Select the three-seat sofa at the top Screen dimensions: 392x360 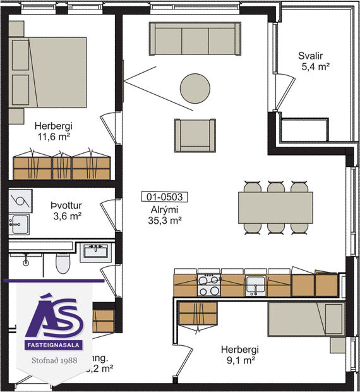click(x=195, y=39)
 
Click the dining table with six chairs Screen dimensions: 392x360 click(x=275, y=207)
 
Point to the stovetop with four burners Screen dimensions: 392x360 click(x=209, y=285)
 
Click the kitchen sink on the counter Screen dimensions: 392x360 click(x=255, y=285)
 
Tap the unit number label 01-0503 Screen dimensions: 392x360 click(x=164, y=197)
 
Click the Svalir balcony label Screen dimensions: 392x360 click(x=312, y=55)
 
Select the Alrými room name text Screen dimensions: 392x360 click(x=164, y=209)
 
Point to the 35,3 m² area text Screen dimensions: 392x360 click(x=164, y=220)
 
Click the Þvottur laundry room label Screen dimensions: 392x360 click(x=66, y=205)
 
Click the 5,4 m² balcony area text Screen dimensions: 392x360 click(x=314, y=66)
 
